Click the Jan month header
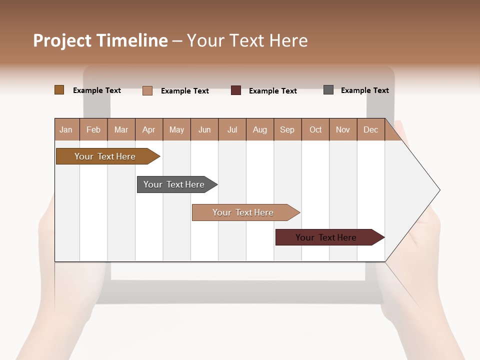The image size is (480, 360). [x=66, y=129]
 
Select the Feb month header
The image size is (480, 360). [x=93, y=129]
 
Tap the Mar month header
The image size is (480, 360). [x=121, y=129]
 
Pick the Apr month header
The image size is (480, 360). [x=149, y=129]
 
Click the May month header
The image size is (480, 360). [x=176, y=129]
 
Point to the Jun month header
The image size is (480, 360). [x=204, y=129]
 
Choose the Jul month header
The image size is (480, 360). [x=232, y=129]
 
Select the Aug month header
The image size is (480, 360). [x=260, y=129]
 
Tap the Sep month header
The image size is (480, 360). [x=287, y=129]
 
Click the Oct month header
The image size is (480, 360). [x=315, y=129]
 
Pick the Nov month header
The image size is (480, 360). [x=343, y=129]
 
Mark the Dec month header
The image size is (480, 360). [x=371, y=129]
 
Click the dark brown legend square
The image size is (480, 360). [x=59, y=90]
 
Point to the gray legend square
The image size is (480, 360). [x=328, y=90]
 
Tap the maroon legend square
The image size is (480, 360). [x=236, y=90]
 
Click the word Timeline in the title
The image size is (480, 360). [x=132, y=40]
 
